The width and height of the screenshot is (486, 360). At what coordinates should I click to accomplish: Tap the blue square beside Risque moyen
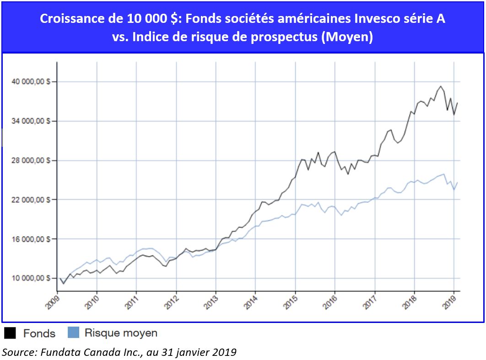coord(73,333)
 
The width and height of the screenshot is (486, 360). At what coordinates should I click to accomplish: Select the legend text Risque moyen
coord(121,333)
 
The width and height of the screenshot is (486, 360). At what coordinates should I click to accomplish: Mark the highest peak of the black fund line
coord(441,86)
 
